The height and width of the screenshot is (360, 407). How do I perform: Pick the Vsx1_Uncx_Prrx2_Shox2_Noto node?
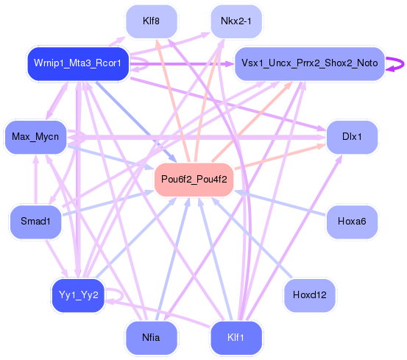(x=309, y=63)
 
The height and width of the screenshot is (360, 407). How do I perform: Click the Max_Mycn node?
(x=35, y=137)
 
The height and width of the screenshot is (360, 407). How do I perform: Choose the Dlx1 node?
(x=352, y=137)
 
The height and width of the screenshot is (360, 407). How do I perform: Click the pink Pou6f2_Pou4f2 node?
(x=194, y=179)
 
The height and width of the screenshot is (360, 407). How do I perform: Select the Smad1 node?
(x=35, y=221)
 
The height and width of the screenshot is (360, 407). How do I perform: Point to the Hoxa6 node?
(x=352, y=221)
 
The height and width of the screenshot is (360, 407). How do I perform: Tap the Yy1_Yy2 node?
(x=77, y=295)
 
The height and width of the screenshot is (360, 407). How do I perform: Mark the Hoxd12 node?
(x=310, y=295)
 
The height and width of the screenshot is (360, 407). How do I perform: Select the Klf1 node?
(x=236, y=338)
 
